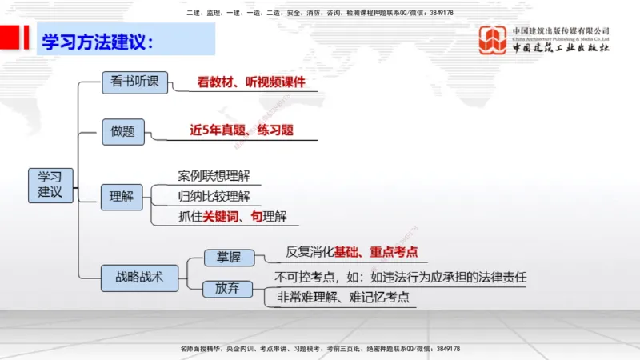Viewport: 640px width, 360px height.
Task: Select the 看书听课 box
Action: [x=135, y=82]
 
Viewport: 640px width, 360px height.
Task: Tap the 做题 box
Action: [x=123, y=132]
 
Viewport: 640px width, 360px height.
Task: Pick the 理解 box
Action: [x=122, y=195]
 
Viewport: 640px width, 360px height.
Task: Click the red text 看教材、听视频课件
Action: [x=251, y=82]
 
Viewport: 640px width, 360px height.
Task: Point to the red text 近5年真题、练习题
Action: [x=242, y=130]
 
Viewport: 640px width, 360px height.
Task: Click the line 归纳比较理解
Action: [x=214, y=196]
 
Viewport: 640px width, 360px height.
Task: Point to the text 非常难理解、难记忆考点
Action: [x=343, y=298]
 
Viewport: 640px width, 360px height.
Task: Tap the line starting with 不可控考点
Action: [x=401, y=278]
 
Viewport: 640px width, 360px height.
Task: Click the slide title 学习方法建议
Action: [x=97, y=42]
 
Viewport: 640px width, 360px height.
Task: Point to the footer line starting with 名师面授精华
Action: [x=320, y=350]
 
